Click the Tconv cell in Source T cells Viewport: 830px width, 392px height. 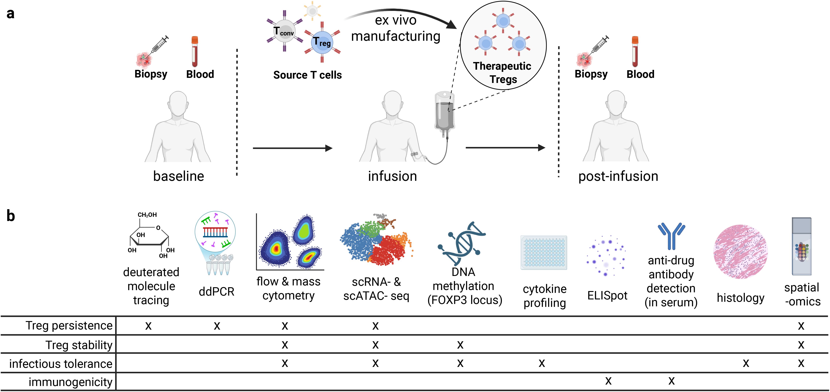click(284, 31)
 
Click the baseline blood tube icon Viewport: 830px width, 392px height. click(195, 51)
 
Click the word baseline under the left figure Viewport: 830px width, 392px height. click(179, 176)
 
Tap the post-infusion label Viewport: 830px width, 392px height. click(618, 176)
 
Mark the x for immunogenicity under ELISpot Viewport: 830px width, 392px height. click(608, 381)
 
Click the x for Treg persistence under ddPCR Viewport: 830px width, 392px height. click(217, 326)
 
